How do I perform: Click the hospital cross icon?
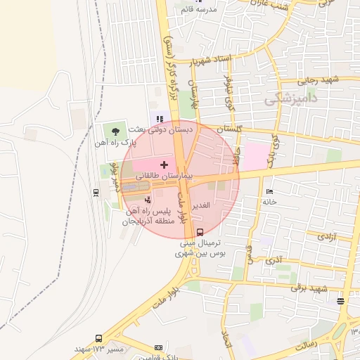165,165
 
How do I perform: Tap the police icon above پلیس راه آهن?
146,200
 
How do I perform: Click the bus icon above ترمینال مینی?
200,232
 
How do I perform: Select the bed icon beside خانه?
269,191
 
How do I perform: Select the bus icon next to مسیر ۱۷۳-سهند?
98,338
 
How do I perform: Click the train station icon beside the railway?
96,191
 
